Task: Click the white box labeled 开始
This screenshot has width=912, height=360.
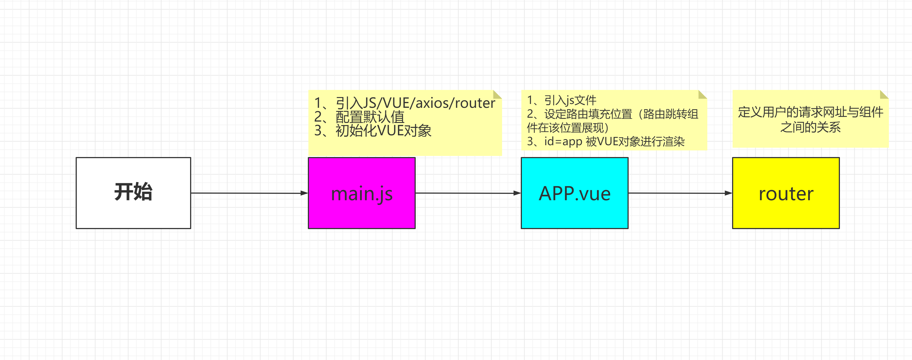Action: click(x=133, y=193)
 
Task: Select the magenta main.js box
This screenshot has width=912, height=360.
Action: click(x=361, y=193)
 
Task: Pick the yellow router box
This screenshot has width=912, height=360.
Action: click(x=786, y=193)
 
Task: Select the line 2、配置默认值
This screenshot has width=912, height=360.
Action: click(x=359, y=117)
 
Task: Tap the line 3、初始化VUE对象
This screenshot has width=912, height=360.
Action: click(x=373, y=131)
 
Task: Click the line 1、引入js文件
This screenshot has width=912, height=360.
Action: click(x=562, y=100)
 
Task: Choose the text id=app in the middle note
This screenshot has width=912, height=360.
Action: click(x=563, y=142)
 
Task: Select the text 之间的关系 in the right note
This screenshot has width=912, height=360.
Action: click(x=810, y=127)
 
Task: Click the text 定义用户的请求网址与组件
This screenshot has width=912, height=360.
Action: click(x=810, y=112)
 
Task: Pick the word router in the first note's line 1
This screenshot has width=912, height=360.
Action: click(x=475, y=103)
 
